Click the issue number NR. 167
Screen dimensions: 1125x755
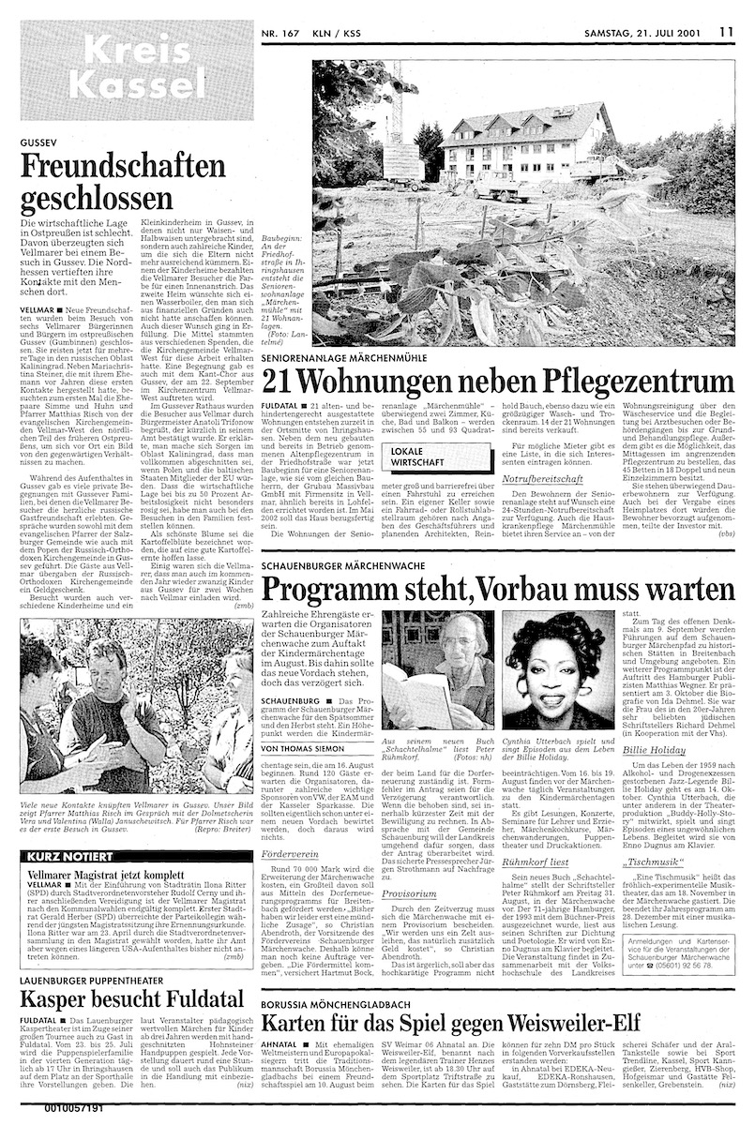tap(286, 30)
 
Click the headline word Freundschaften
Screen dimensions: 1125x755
tap(122, 168)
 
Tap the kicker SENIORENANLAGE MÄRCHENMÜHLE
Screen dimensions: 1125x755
tap(357, 358)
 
